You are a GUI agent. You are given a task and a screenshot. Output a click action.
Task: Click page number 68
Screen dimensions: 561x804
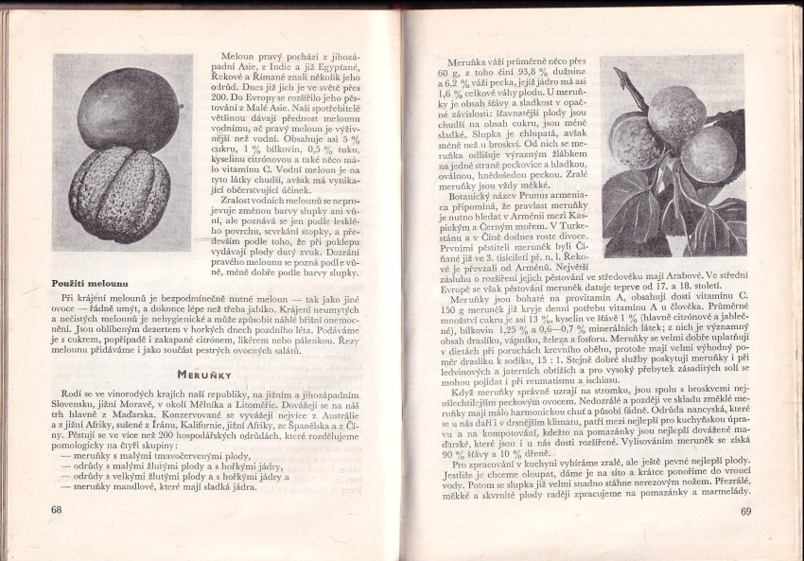[x=57, y=510]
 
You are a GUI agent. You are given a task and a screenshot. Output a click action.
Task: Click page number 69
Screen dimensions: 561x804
[x=745, y=512]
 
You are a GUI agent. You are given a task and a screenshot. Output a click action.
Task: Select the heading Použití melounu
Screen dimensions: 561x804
[x=90, y=283]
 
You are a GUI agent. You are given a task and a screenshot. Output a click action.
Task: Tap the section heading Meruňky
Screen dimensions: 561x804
[x=207, y=374]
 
